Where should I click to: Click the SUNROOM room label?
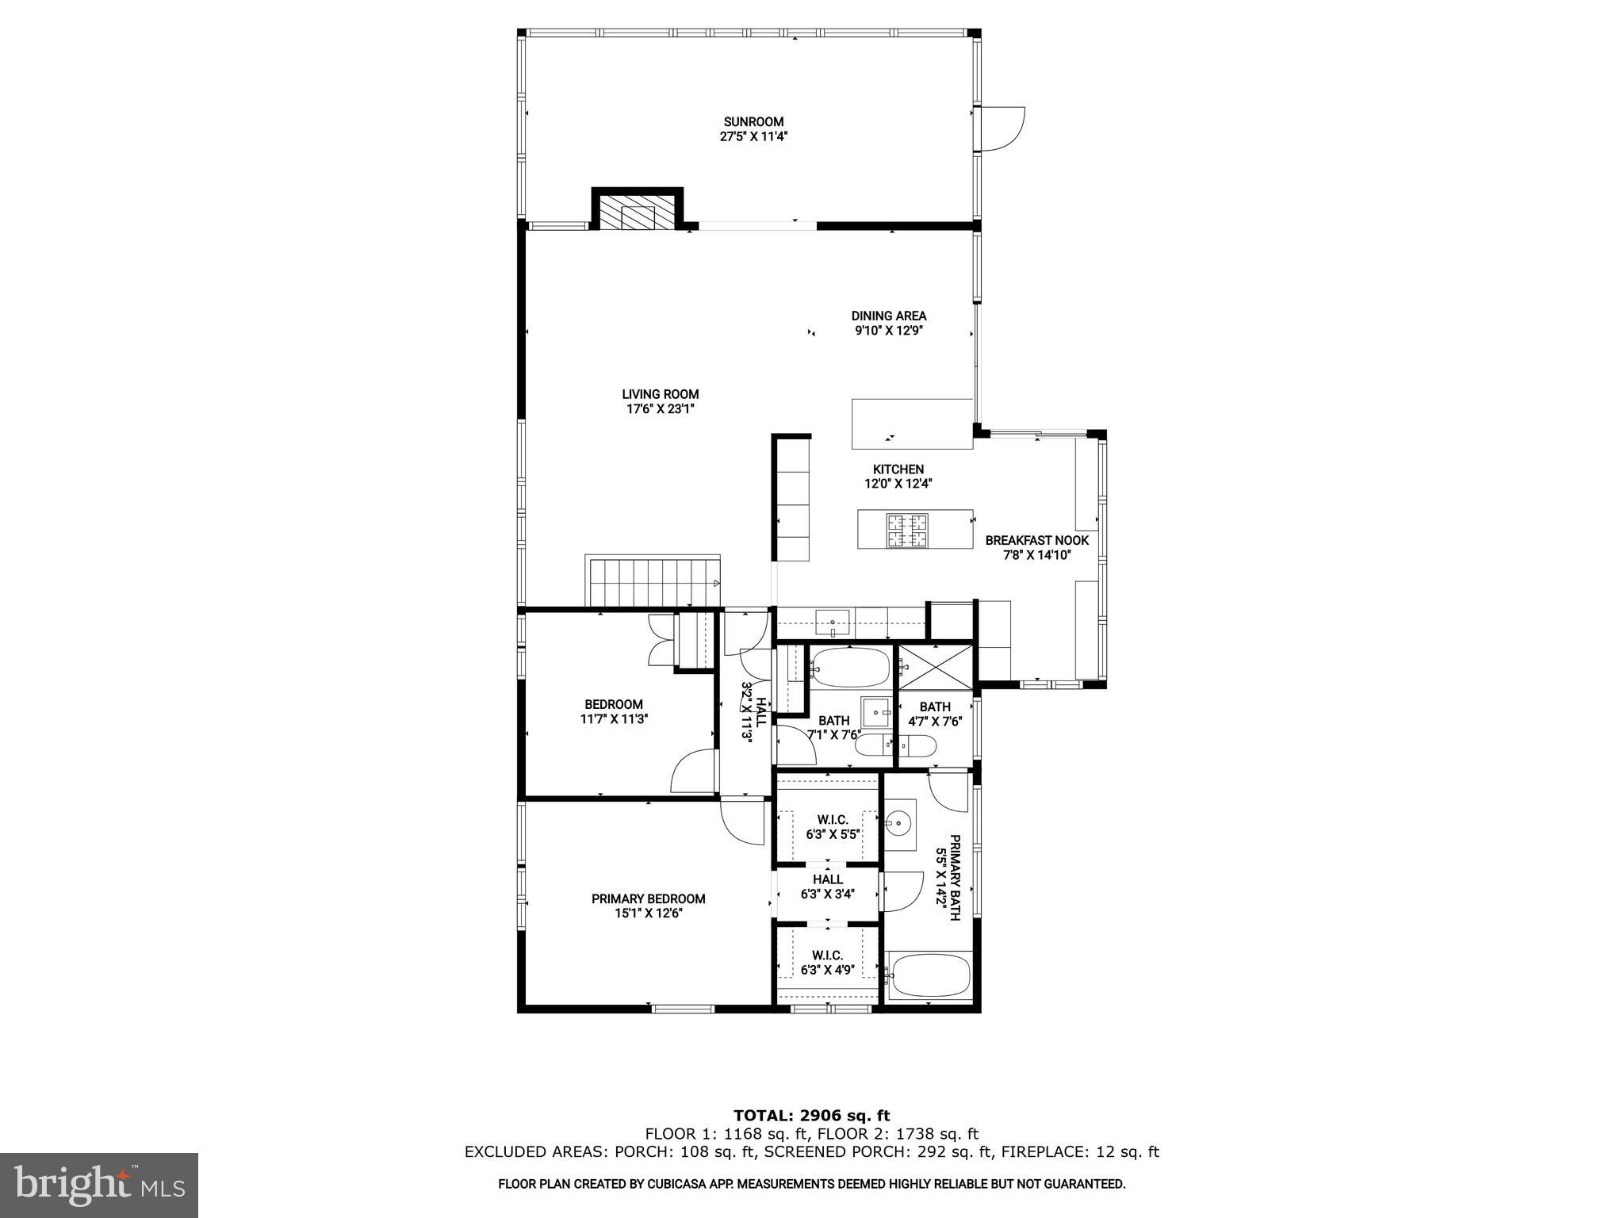753,122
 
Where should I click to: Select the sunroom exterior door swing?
1003,128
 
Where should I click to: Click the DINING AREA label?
888,316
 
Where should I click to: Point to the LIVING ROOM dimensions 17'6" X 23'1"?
660,409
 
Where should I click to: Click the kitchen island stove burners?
907,530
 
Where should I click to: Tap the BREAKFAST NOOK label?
1036,541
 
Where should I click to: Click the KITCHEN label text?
898,469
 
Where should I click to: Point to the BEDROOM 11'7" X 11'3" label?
614,711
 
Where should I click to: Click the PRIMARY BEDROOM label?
648,898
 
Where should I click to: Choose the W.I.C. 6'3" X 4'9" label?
827,962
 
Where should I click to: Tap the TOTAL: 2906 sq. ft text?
811,1116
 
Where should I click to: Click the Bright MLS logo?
99,1185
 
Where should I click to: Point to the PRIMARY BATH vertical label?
948,876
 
